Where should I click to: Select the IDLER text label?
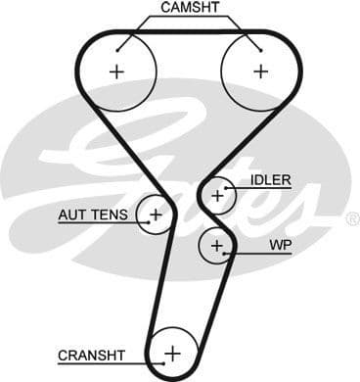(270, 180)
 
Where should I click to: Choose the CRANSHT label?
(90, 355)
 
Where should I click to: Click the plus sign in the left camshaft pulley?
(118, 71)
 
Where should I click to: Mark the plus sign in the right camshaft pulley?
(260, 71)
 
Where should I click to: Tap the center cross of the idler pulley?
(218, 196)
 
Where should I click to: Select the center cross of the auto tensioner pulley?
(155, 213)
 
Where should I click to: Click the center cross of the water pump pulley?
(216, 244)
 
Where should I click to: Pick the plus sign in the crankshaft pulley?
(173, 353)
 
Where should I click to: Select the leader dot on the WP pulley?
(228, 253)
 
